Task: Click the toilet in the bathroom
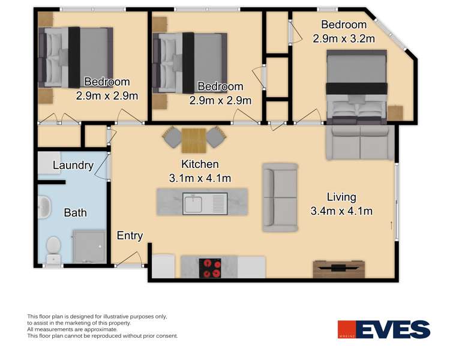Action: coord(53,246)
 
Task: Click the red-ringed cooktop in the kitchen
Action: coord(209,267)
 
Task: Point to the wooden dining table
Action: coord(194,140)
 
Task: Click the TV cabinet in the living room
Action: coord(338,269)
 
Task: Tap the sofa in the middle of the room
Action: coord(280,197)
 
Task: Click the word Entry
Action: coord(130,236)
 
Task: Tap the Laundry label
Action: coord(73,166)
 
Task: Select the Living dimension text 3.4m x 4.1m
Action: coord(342,211)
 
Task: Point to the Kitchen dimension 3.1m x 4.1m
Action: coord(201,178)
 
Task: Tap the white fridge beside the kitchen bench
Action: coord(163,267)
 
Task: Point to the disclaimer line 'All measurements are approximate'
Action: coord(72,329)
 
